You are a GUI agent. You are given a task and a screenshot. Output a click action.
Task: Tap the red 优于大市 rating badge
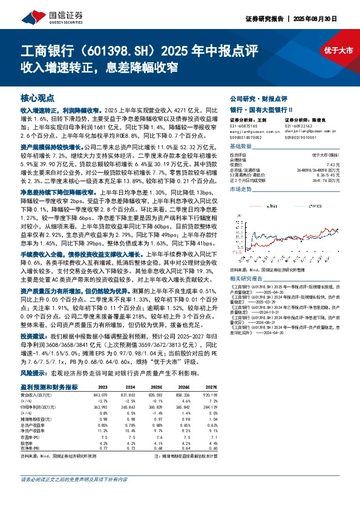(336, 51)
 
